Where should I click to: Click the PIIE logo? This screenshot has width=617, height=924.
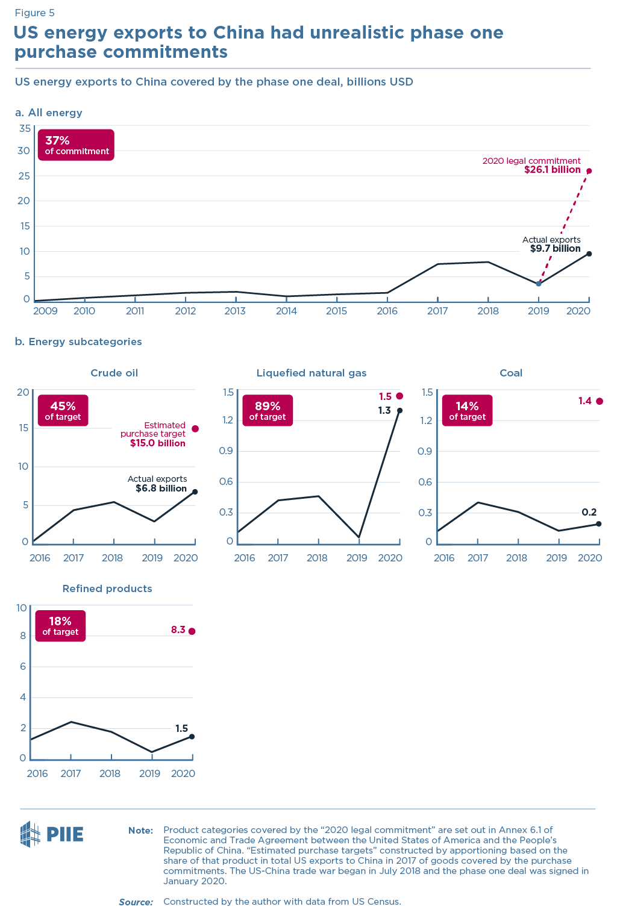(x=52, y=834)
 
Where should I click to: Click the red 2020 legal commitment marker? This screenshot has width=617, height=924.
(x=589, y=171)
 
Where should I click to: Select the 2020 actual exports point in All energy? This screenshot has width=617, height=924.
(x=589, y=254)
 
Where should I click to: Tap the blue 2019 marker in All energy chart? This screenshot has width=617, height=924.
(x=539, y=283)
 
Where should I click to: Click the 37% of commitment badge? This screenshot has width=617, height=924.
(x=76, y=145)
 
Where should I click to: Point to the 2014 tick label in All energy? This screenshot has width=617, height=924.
(x=286, y=311)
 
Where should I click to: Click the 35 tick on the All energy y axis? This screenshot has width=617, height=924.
(x=25, y=128)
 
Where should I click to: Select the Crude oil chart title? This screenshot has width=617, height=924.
(x=114, y=373)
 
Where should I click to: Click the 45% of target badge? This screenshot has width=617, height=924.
(x=63, y=411)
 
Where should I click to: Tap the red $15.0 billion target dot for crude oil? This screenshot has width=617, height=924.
(x=195, y=429)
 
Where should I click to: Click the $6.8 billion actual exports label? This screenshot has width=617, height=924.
(x=160, y=489)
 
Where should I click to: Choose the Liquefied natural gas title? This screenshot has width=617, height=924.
(x=311, y=373)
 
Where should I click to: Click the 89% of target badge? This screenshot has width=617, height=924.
(x=268, y=411)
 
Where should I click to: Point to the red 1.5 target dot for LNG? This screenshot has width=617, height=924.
(x=399, y=396)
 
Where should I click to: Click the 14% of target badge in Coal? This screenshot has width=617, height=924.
(x=467, y=411)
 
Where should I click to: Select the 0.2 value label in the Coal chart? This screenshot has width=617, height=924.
(x=589, y=512)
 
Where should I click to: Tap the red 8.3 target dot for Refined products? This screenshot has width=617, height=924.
(x=192, y=631)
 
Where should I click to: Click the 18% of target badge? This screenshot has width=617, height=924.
(x=60, y=626)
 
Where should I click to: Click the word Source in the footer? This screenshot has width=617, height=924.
(x=136, y=902)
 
